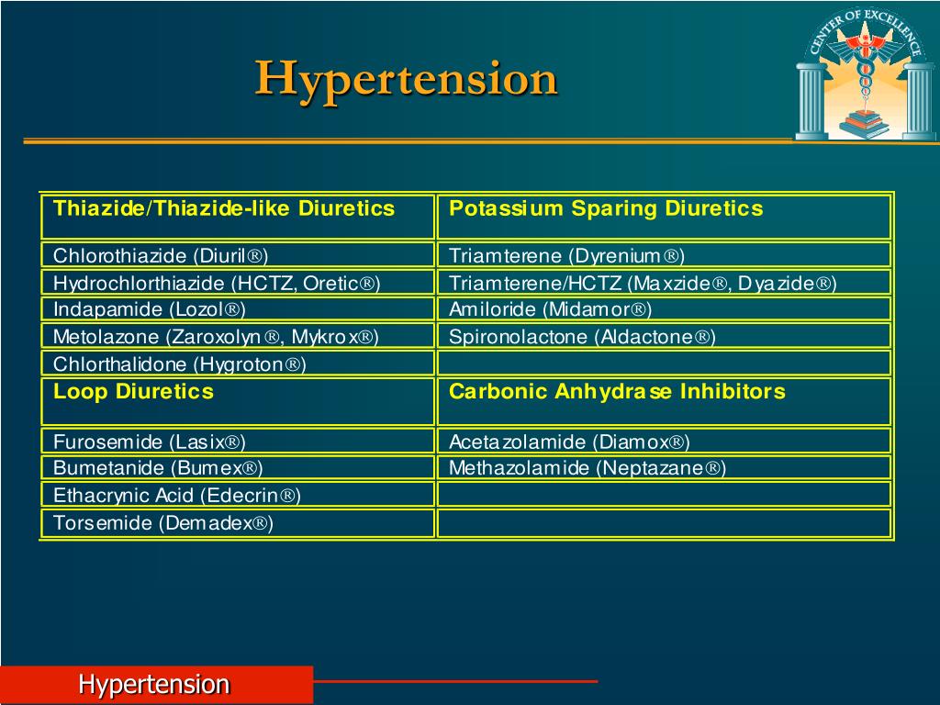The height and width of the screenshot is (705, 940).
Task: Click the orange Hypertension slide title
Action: (x=406, y=79)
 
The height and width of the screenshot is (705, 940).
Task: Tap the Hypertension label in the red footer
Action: (x=153, y=685)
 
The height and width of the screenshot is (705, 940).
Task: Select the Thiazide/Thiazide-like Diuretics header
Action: (x=224, y=209)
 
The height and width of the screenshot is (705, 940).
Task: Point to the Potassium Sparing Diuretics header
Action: (x=606, y=209)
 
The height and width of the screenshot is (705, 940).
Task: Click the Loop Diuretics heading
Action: (x=133, y=393)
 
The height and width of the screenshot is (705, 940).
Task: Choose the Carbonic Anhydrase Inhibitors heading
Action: (x=617, y=393)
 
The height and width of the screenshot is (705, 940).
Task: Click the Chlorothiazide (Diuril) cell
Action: (x=161, y=255)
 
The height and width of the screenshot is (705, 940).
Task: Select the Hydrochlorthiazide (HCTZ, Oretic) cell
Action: (x=217, y=283)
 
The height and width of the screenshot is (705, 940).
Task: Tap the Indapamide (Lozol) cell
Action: (x=150, y=309)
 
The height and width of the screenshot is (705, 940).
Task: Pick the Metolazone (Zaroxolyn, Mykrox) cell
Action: (x=216, y=337)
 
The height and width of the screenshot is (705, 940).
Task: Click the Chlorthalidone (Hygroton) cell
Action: (x=180, y=364)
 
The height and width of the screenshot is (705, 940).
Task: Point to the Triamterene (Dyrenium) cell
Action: (x=566, y=255)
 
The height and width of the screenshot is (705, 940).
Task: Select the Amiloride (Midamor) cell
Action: (x=550, y=309)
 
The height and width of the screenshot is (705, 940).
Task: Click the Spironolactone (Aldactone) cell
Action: (x=582, y=337)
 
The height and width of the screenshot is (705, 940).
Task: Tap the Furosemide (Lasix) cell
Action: (x=150, y=442)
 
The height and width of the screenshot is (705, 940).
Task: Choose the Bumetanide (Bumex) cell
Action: (x=158, y=469)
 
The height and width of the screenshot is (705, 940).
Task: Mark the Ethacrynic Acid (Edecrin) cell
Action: (x=177, y=497)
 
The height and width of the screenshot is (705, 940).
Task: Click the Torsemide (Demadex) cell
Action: (x=163, y=524)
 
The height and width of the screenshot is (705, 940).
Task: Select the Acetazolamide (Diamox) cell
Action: (x=569, y=442)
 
